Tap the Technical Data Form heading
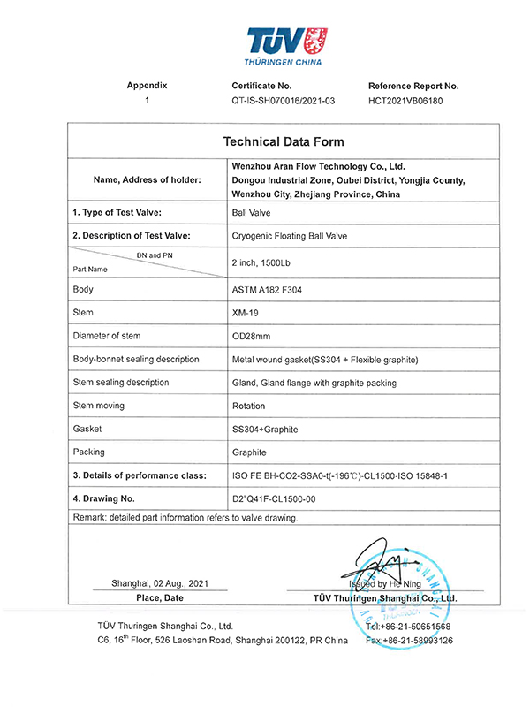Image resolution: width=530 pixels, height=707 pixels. click(284, 141)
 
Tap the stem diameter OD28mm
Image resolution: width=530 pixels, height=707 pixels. click(251, 336)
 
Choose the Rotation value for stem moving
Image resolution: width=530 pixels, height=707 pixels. click(248, 406)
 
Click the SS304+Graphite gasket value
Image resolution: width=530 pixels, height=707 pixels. click(264, 429)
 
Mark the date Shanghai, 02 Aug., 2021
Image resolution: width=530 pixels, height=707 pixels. click(148, 584)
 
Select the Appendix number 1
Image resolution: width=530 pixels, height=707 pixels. click(147, 101)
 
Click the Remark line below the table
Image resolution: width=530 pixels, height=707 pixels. click(185, 518)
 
